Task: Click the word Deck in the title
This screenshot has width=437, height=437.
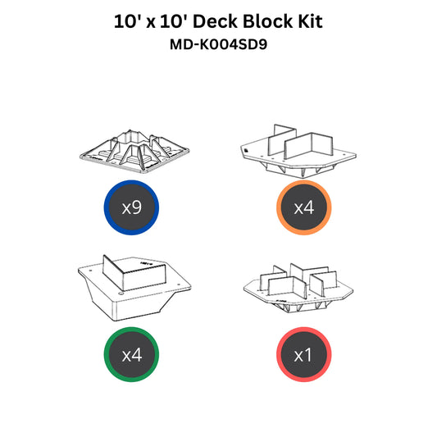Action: [x=216, y=21]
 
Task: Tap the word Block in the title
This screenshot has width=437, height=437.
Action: [x=268, y=21]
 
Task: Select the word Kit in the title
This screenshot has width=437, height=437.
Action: [x=310, y=21]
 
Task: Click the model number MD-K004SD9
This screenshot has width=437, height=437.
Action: [x=218, y=44]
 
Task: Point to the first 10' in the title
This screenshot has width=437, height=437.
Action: [x=127, y=21]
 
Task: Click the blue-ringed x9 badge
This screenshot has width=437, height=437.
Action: [x=131, y=207]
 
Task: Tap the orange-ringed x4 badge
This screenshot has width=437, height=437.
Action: [x=304, y=207]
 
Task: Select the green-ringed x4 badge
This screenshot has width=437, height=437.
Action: [x=131, y=354]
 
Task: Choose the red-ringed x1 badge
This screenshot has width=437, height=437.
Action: [x=304, y=354]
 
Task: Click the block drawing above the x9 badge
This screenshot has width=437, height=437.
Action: [x=134, y=152]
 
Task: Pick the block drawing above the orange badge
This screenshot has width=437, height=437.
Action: [x=298, y=151]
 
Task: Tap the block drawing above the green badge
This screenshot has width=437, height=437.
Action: [x=134, y=288]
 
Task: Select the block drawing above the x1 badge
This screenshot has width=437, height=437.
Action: [x=298, y=288]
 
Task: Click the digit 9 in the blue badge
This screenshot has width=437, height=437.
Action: [x=136, y=207]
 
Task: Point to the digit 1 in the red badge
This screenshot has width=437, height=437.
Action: [x=308, y=355]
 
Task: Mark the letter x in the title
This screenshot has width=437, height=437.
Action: [x=151, y=24]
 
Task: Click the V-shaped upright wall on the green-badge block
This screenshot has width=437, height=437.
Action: [x=134, y=272]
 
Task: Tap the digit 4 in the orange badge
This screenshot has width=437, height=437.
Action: [x=308, y=207]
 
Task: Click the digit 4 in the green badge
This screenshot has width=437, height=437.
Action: [x=136, y=355]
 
